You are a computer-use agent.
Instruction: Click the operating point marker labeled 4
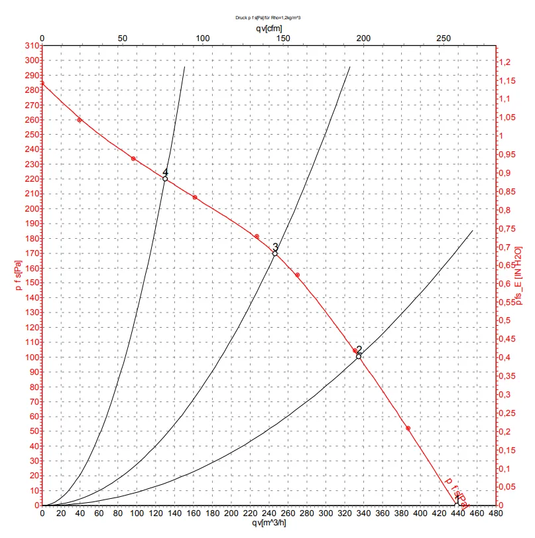(165, 178)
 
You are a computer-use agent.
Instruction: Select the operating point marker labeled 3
(275, 253)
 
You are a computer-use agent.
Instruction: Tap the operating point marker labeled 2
(359, 356)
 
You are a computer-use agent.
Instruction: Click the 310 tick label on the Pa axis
(30, 46)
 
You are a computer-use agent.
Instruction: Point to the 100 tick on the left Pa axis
(30, 357)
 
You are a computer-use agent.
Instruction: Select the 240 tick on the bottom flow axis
(269, 513)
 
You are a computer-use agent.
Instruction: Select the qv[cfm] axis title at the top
(268, 29)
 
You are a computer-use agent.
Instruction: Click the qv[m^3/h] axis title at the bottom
(268, 523)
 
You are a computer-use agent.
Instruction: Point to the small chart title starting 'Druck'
(268, 19)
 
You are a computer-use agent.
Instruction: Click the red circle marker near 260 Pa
(80, 120)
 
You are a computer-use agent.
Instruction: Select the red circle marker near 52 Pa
(408, 428)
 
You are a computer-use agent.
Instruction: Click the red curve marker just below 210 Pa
(195, 197)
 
